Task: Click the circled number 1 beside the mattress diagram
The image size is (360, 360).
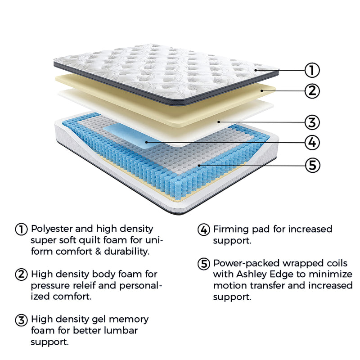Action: pos(312,70)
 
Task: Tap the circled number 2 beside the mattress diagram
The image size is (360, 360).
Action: pos(312,91)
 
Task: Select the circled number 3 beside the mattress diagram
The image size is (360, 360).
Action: pos(312,122)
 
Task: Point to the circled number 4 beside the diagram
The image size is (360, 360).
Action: pos(312,143)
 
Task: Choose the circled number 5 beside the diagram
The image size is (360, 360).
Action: pos(312,165)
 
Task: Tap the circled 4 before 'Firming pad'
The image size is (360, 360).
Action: pos(204,229)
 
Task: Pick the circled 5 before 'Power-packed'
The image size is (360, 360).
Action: pos(204,263)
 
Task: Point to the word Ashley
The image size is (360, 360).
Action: pos(253,274)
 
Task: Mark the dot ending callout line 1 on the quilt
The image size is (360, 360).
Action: pos(256,70)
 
